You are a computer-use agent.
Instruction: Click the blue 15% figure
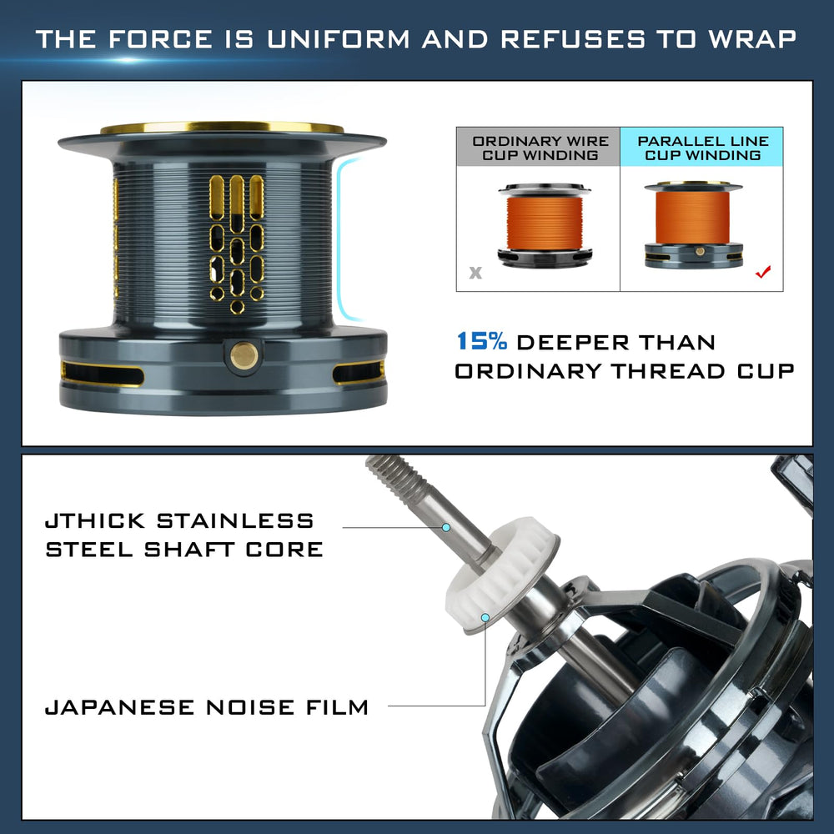point(482,341)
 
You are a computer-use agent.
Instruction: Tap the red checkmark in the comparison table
point(763,272)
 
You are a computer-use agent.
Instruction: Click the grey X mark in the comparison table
point(475,273)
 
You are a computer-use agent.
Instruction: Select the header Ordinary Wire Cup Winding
point(540,148)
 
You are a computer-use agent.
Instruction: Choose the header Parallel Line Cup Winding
point(703,148)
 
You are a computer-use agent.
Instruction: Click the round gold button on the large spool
point(244,355)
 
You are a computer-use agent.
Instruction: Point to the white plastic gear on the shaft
point(501,574)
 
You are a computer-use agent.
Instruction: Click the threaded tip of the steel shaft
point(396,480)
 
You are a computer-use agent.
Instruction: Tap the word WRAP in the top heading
point(751,39)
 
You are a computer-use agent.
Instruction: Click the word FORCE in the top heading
point(160,39)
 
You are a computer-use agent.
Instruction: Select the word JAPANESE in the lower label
point(119,707)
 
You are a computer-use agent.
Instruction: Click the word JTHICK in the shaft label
point(95,520)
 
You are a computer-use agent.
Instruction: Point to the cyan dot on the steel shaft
point(446,527)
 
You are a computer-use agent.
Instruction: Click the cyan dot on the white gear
point(485,617)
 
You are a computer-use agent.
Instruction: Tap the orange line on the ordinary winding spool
point(544,223)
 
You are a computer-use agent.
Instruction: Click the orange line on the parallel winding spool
point(692,218)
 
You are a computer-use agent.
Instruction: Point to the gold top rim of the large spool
point(222,127)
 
